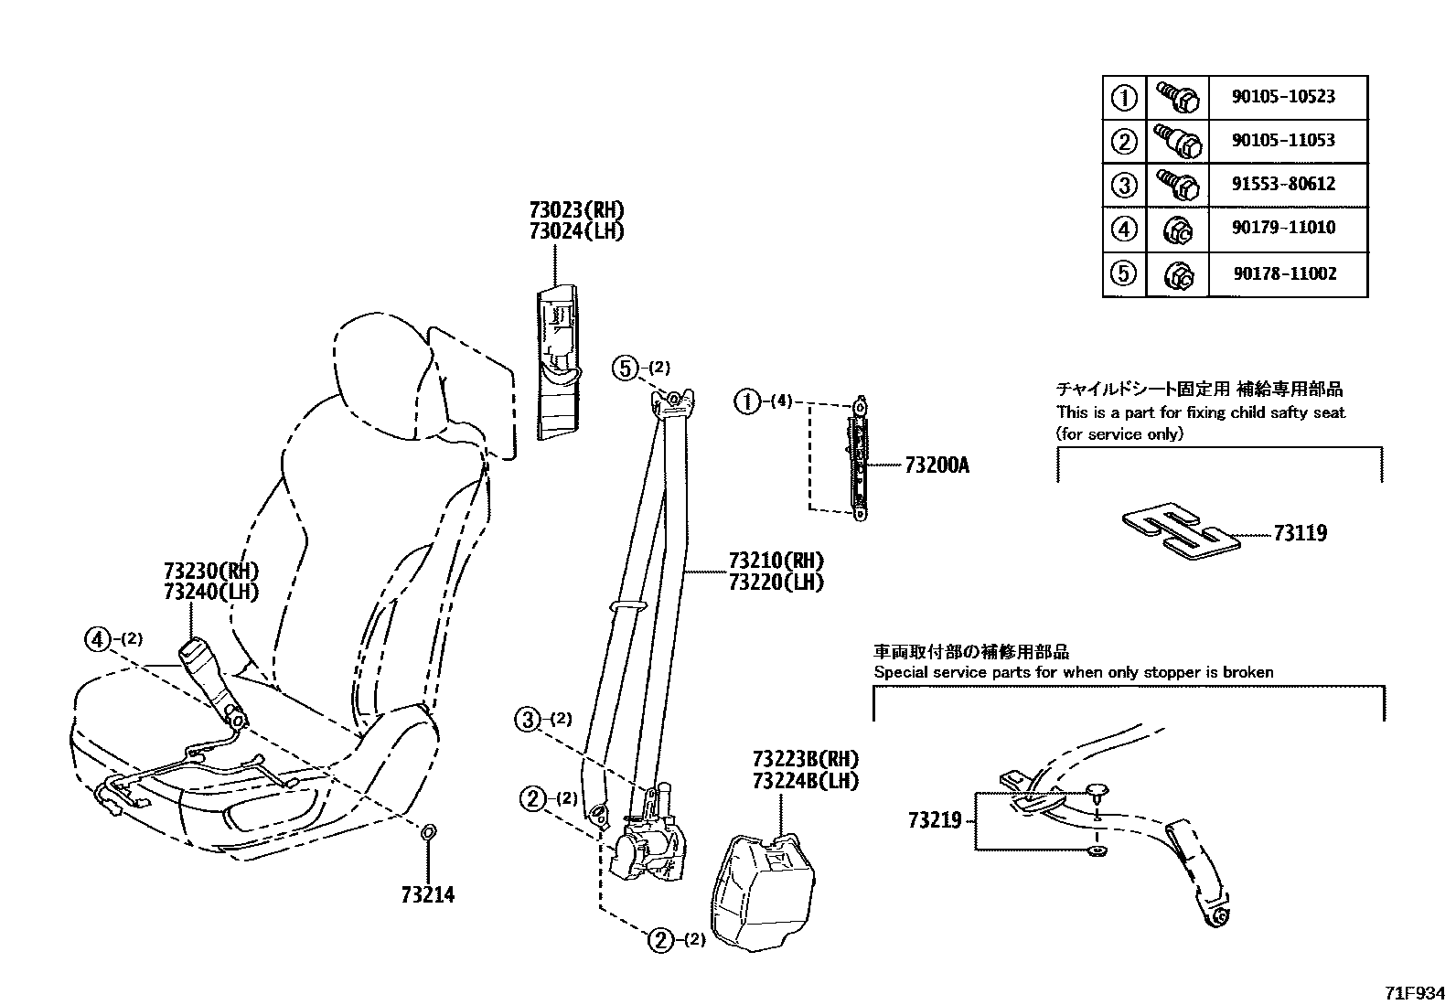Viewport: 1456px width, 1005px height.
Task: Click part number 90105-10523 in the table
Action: coord(1282,97)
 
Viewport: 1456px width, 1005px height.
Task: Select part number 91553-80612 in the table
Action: coord(1282,184)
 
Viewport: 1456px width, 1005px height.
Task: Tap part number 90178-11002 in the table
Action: coord(1282,273)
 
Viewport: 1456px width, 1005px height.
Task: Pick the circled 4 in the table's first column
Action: coord(1124,229)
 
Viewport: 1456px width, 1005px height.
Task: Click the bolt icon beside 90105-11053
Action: coord(1176,141)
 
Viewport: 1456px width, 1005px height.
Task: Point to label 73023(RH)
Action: coord(576,210)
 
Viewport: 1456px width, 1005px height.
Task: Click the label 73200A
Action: coord(937,465)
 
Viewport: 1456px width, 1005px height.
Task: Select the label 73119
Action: coord(1300,533)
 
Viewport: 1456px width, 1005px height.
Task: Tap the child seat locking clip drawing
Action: coord(1180,530)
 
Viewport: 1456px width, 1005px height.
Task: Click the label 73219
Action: coord(935,820)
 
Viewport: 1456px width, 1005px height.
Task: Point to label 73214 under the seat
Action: coord(427,894)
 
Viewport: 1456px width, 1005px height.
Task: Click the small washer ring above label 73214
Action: coord(427,831)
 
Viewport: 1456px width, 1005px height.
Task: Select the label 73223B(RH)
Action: coord(806,759)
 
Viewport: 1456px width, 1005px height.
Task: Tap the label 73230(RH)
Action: coord(211,571)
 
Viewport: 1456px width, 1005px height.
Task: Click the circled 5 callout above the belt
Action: coord(624,369)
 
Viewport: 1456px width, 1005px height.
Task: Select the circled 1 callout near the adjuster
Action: coord(748,401)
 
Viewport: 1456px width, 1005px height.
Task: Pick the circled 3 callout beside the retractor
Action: coord(528,720)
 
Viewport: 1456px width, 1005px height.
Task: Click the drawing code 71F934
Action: coord(1415,992)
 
